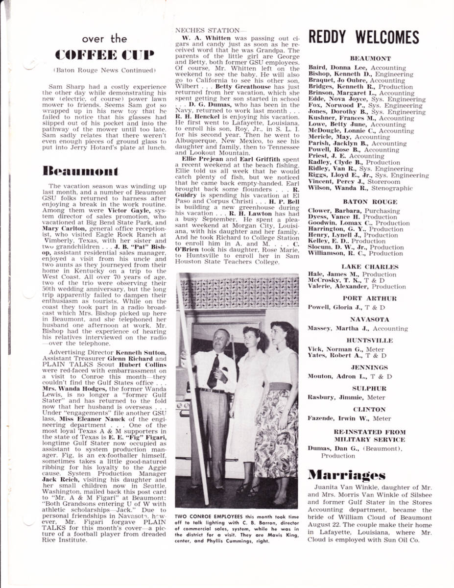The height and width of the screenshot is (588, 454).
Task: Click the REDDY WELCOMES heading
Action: (363, 38)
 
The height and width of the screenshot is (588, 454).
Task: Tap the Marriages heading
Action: (346, 474)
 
